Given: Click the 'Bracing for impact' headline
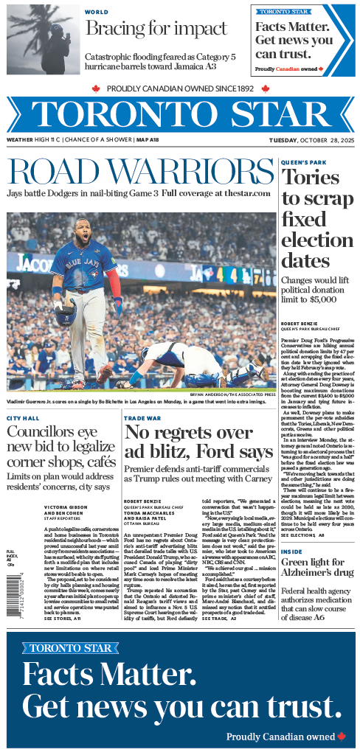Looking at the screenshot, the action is pos(156,29).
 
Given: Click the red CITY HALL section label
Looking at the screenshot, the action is pos(23,418).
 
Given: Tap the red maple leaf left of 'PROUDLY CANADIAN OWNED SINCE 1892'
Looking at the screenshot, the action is pos(95,88).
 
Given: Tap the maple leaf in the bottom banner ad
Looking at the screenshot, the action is pos(341,736).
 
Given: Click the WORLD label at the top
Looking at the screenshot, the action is pos(97,13).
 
